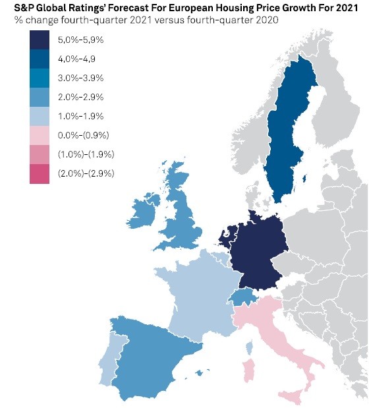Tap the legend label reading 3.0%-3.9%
click(x=80, y=78)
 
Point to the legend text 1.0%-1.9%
click(x=80, y=117)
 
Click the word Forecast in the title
click(x=133, y=8)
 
